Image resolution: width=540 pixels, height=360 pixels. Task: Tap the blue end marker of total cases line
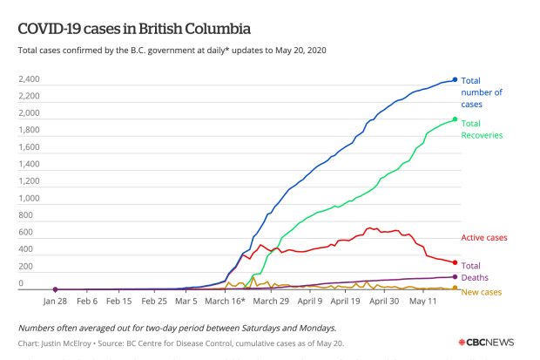(x=455, y=79)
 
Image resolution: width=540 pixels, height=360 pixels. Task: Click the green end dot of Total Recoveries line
(x=455, y=120)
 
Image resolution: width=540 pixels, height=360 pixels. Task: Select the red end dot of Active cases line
(x=455, y=262)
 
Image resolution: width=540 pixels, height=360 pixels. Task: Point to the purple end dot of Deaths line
(x=455, y=276)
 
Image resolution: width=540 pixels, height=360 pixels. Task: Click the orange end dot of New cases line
(x=455, y=288)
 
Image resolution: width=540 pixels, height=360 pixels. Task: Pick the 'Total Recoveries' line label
(x=482, y=129)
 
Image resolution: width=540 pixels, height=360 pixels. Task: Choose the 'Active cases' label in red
(x=483, y=237)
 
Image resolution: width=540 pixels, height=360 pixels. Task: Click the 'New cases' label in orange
(x=481, y=291)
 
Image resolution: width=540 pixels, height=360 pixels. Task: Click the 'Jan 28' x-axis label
(x=55, y=301)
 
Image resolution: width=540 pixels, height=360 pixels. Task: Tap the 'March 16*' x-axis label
(x=226, y=301)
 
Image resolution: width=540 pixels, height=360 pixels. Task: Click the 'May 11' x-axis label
(x=423, y=301)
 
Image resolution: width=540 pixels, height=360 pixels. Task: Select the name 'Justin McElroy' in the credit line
(x=74, y=344)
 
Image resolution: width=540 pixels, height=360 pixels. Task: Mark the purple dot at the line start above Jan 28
(x=56, y=289)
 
